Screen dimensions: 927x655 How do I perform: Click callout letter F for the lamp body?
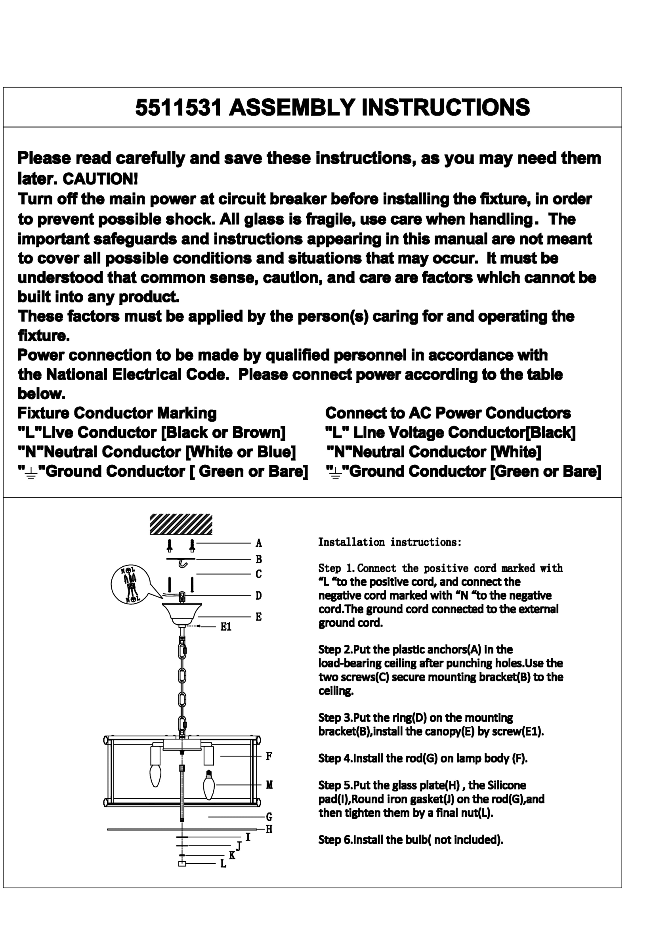tap(269, 756)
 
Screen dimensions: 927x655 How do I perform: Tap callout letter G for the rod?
tap(269, 817)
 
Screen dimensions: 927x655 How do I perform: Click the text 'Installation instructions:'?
tap(389, 542)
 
